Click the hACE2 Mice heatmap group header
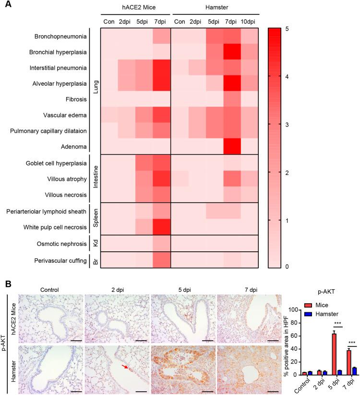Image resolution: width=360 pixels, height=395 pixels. coord(135,8)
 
